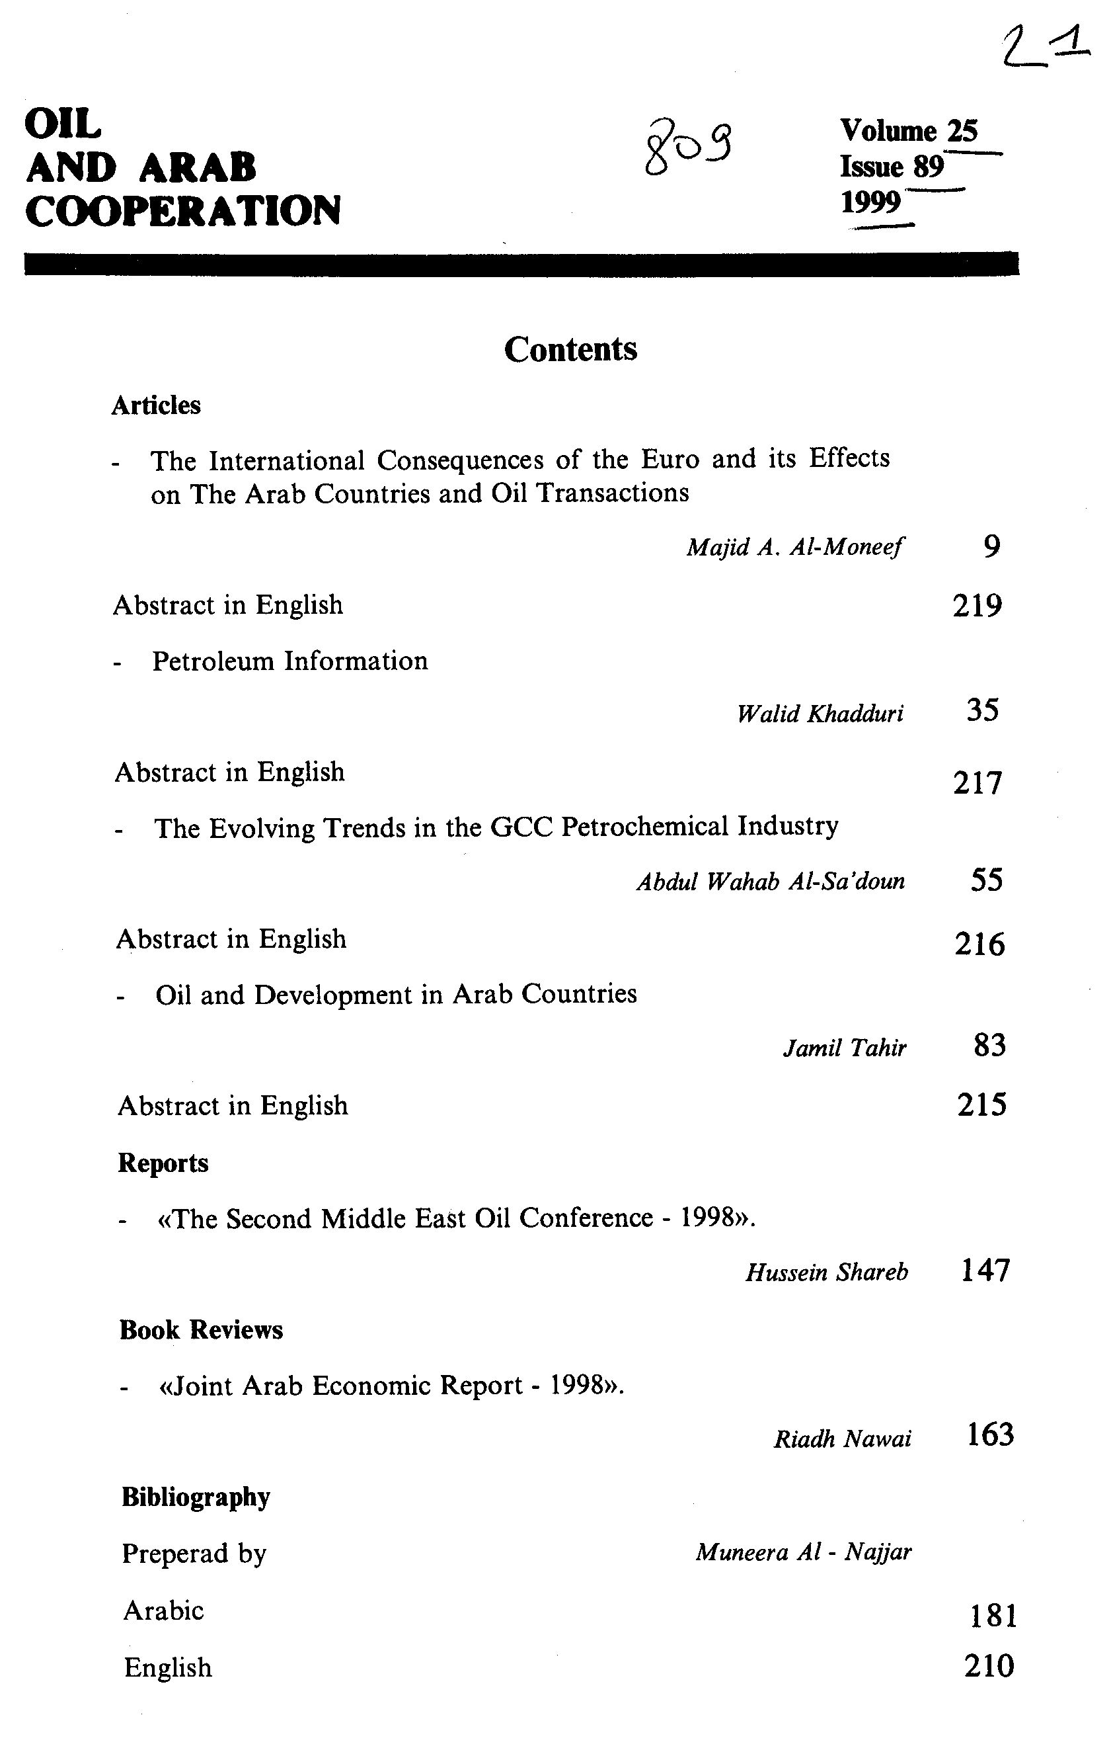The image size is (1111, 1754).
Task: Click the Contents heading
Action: [x=570, y=349]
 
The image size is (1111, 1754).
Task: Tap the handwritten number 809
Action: [x=688, y=146]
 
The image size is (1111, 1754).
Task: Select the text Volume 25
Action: [x=909, y=131]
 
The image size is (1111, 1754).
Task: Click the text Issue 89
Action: [x=891, y=167]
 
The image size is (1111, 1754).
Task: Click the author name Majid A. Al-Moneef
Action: [x=794, y=546]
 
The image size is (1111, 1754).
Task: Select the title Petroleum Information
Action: [x=289, y=661]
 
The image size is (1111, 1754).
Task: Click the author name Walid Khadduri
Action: [x=820, y=713]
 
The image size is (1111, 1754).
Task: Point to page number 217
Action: [x=977, y=783]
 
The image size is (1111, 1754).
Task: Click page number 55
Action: [x=987, y=880]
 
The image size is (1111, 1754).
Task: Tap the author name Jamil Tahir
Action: [x=845, y=1048]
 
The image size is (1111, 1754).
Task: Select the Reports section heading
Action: [x=163, y=1163]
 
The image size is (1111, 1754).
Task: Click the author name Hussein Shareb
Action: [x=826, y=1272]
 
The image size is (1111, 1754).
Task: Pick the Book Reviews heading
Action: [x=201, y=1330]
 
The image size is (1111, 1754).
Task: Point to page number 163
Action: [x=989, y=1435]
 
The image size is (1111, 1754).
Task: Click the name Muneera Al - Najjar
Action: [x=803, y=1552]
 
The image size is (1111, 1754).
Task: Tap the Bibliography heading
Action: [x=196, y=1497]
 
